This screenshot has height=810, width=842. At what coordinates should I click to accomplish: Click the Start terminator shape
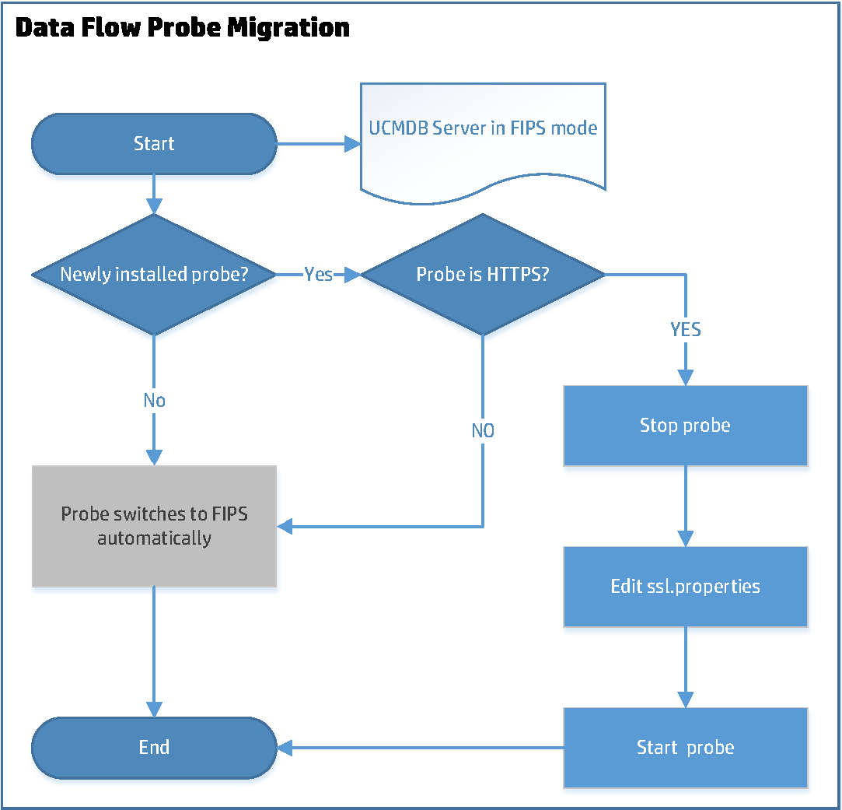tap(154, 143)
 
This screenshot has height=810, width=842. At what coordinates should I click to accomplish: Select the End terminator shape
tap(154, 748)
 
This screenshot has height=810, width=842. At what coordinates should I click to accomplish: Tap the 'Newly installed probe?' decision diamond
tap(154, 275)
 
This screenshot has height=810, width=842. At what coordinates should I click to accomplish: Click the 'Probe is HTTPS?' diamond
tap(482, 275)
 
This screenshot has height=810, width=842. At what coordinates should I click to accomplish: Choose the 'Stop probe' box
tap(685, 425)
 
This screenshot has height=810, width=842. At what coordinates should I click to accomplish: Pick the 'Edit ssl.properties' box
tap(685, 586)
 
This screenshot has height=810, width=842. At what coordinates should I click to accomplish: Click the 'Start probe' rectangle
tap(685, 748)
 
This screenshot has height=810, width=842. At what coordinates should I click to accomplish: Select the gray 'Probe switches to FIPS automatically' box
tap(154, 526)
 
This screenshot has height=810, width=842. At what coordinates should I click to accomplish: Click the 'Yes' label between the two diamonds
tap(318, 275)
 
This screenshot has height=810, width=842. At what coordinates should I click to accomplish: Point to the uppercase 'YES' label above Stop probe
tap(685, 330)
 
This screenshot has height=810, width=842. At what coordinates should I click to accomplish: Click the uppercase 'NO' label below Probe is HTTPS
tap(482, 430)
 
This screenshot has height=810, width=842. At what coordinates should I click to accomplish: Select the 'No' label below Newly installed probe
tap(154, 400)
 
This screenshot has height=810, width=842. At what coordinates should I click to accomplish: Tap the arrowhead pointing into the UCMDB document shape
tap(352, 143)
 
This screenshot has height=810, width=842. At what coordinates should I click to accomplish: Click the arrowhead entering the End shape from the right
tap(285, 748)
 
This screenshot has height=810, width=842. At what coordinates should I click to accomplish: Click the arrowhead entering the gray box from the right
tap(285, 527)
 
